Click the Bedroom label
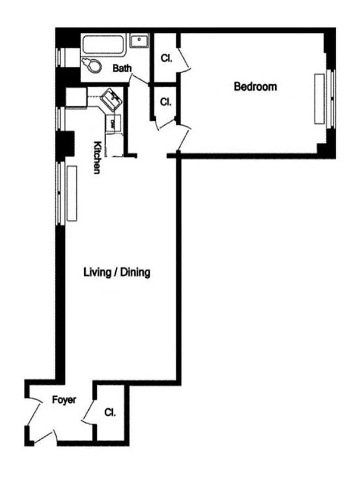pos(255,87)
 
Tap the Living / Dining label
pos(116,273)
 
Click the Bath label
pos(122,69)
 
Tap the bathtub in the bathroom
pos(104,44)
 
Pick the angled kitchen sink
pos(111,98)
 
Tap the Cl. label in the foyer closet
pos(109,413)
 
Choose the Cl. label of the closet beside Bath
pos(166,59)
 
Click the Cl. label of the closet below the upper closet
pos(166,102)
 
